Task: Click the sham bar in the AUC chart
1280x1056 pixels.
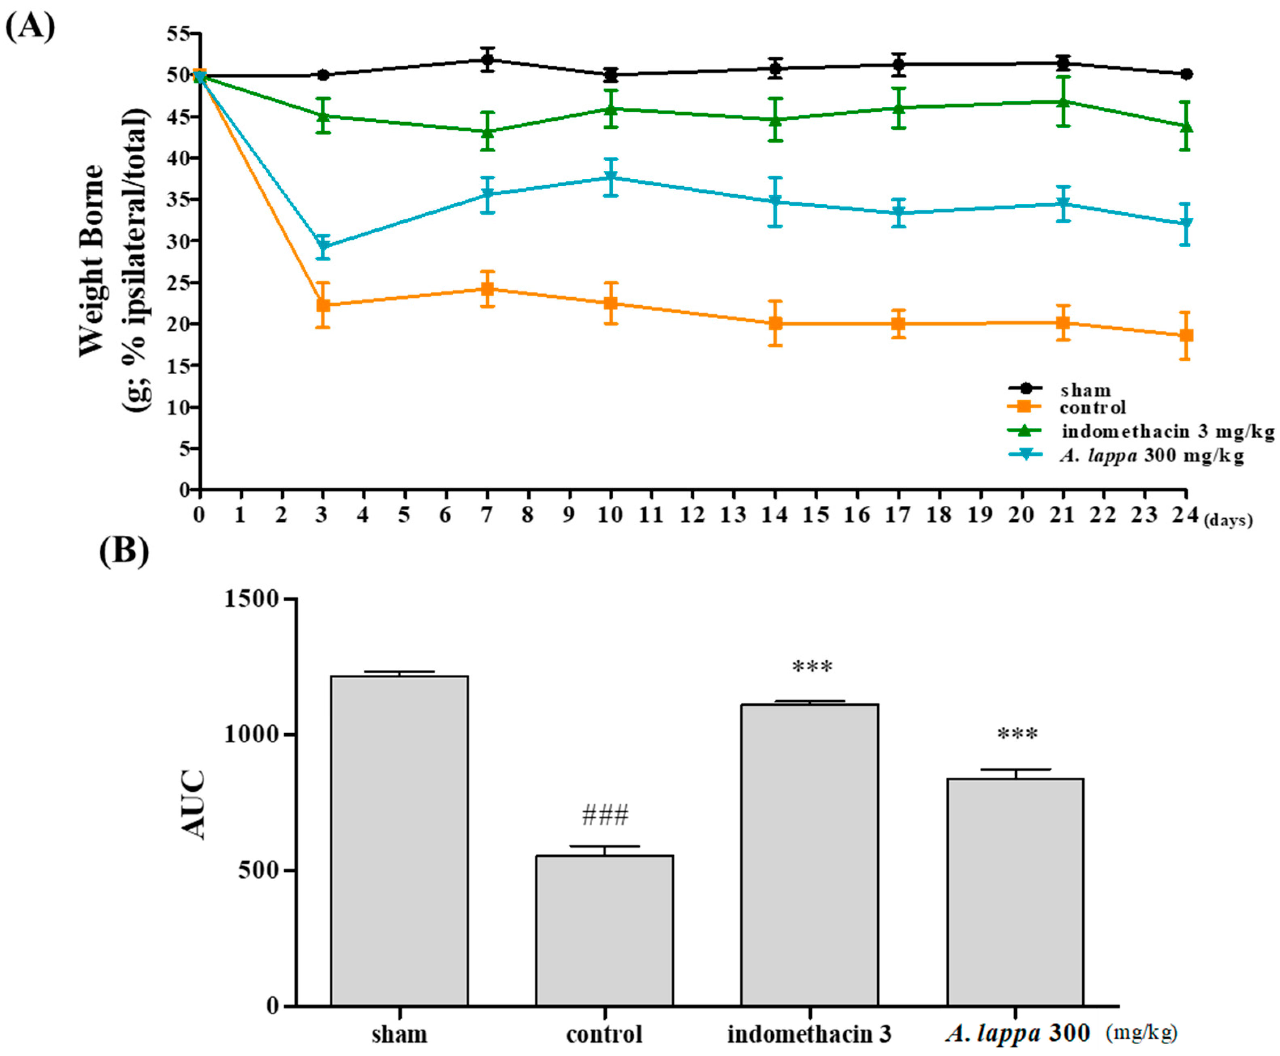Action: pyautogui.click(x=399, y=839)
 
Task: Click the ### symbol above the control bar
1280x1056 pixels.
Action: pyautogui.click(x=605, y=815)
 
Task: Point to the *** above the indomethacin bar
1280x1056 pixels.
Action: pyautogui.click(x=812, y=667)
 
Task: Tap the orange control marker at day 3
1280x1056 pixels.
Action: pyautogui.click(x=323, y=305)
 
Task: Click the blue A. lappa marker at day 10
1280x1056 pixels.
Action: pyautogui.click(x=611, y=177)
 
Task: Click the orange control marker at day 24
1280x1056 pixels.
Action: pyautogui.click(x=1186, y=335)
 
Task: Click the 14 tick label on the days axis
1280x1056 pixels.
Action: pyautogui.click(x=774, y=515)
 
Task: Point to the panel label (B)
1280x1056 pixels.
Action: pyautogui.click(x=124, y=551)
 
